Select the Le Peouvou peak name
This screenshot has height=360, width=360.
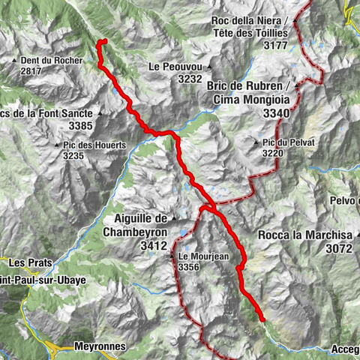(175, 67)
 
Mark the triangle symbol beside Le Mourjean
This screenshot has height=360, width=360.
(172, 256)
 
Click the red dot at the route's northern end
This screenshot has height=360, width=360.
(104, 42)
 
